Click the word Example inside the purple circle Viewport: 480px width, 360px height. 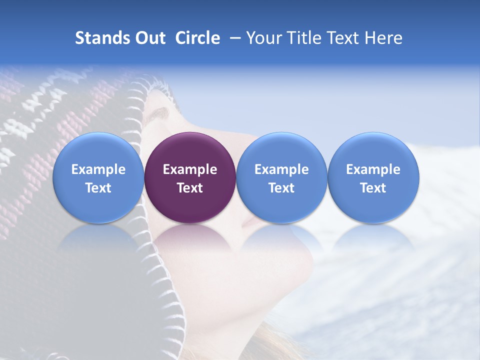coord(190,169)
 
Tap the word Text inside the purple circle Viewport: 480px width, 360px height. coord(190,188)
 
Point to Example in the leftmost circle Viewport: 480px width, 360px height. coord(98,169)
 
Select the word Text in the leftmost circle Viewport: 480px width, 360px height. coord(98,188)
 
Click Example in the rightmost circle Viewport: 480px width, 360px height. coord(373,169)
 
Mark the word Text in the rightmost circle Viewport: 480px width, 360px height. coord(373,188)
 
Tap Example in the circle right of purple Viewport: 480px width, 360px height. coord(281,169)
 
